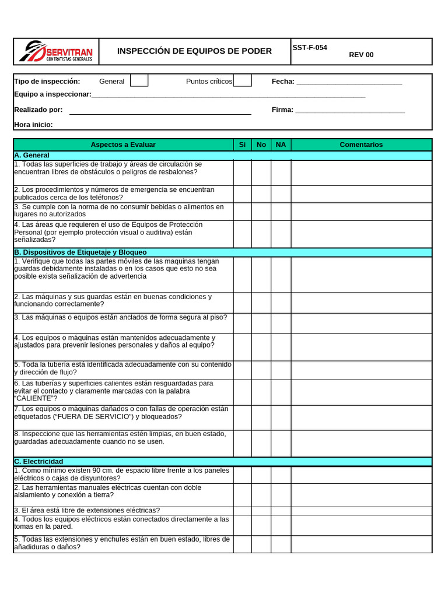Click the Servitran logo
tap(56, 51)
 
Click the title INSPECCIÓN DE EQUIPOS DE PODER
tap(194, 51)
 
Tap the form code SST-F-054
tap(310, 48)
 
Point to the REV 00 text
tap(361, 55)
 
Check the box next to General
tap(139, 80)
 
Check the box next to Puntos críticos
tap(243, 80)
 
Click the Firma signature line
tap(349, 111)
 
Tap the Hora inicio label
tap(33, 125)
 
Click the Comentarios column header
tap(361, 145)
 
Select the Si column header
tap(243, 145)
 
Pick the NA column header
tap(281, 145)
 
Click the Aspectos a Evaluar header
tap(123, 145)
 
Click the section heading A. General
tap(32, 155)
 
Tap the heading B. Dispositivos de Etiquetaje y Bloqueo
tap(80, 252)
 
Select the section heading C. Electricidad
tap(38, 462)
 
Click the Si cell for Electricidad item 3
tap(243, 510)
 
